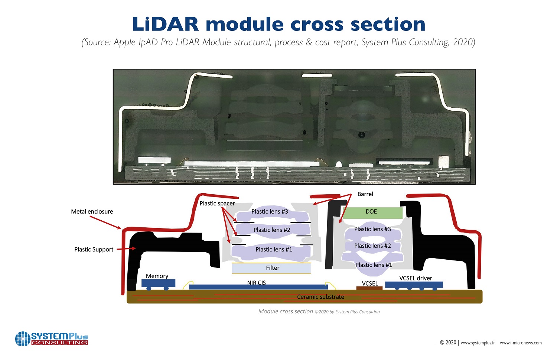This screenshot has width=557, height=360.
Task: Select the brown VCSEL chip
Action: pyautogui.click(x=369, y=288)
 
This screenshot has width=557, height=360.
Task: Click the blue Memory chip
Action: pyautogui.click(x=158, y=283)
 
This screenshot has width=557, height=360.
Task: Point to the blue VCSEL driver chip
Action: pyautogui.click(x=414, y=285)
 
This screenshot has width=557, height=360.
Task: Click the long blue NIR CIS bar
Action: pyautogui.click(x=258, y=287)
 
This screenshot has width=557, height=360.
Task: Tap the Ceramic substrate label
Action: pyautogui.click(x=320, y=297)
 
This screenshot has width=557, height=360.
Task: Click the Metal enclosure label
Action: pyautogui.click(x=92, y=211)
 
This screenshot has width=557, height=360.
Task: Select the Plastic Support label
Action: pyautogui.click(x=94, y=249)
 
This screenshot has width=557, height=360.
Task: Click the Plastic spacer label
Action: pyautogui.click(x=217, y=203)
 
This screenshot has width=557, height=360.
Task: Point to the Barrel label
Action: pyautogui.click(x=365, y=194)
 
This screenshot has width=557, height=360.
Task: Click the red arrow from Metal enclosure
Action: pyautogui.click(x=105, y=222)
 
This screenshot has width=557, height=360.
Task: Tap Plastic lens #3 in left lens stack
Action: pyautogui.click(x=270, y=212)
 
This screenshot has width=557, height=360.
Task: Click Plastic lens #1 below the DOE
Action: pyautogui.click(x=374, y=265)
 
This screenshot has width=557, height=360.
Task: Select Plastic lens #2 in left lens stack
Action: pyautogui.click(x=271, y=230)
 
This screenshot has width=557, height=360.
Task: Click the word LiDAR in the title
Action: pyautogui.click(x=165, y=24)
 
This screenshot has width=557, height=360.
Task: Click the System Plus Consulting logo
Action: pyautogui.click(x=52, y=338)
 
